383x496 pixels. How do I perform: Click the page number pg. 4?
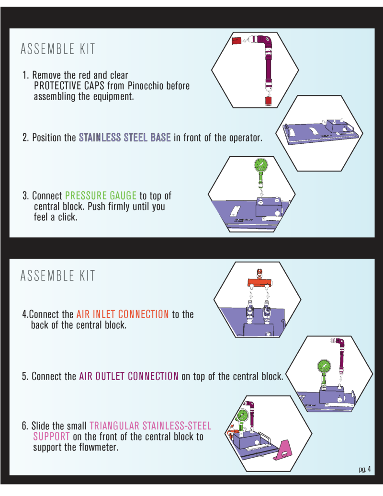tap(364, 469)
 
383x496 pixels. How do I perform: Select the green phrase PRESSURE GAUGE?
tap(101, 196)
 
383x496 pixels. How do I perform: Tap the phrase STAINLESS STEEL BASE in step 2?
tap(124, 138)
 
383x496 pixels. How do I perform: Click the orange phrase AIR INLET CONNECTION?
tap(122, 314)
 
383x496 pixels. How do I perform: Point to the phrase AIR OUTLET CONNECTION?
tap(129, 376)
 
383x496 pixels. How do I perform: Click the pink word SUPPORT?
tap(51, 437)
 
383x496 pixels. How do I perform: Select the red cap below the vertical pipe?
tap(269, 101)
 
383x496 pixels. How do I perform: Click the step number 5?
tap(25, 376)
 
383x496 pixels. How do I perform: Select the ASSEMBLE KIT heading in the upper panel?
tap(58, 49)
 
